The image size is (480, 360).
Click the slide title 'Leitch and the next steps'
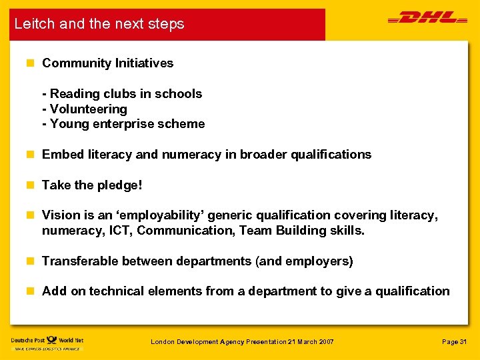tap(99, 24)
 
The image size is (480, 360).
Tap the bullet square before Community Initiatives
tap(29, 63)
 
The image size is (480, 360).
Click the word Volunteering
tap(88, 109)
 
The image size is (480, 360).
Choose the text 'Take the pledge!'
tap(92, 185)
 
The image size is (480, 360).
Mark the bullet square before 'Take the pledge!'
tap(29, 185)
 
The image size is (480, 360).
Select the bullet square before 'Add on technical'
tap(29, 291)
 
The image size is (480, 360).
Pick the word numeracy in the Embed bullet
tap(187, 155)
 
